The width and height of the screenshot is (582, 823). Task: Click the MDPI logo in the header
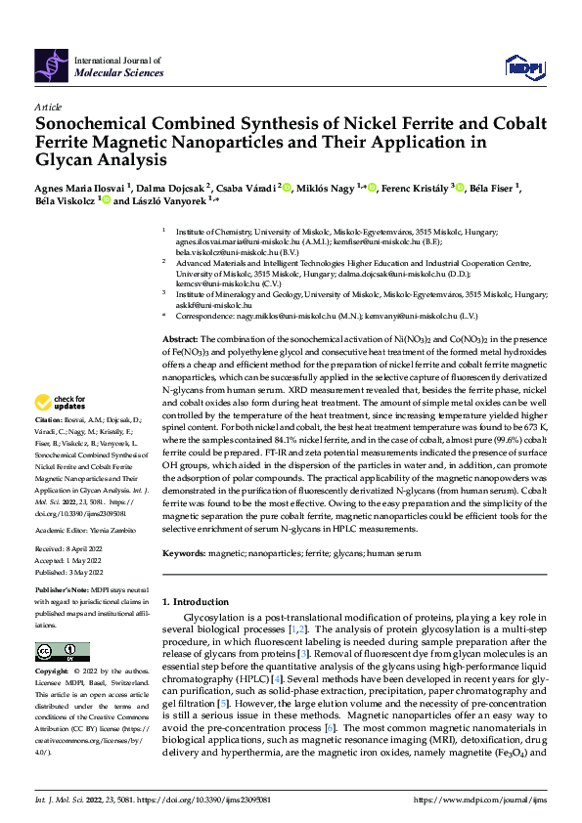(x=523, y=65)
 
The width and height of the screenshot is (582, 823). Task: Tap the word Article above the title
(x=48, y=107)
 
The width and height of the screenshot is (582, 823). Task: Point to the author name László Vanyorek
(x=166, y=201)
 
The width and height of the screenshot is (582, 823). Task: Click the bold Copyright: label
(x=54, y=672)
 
